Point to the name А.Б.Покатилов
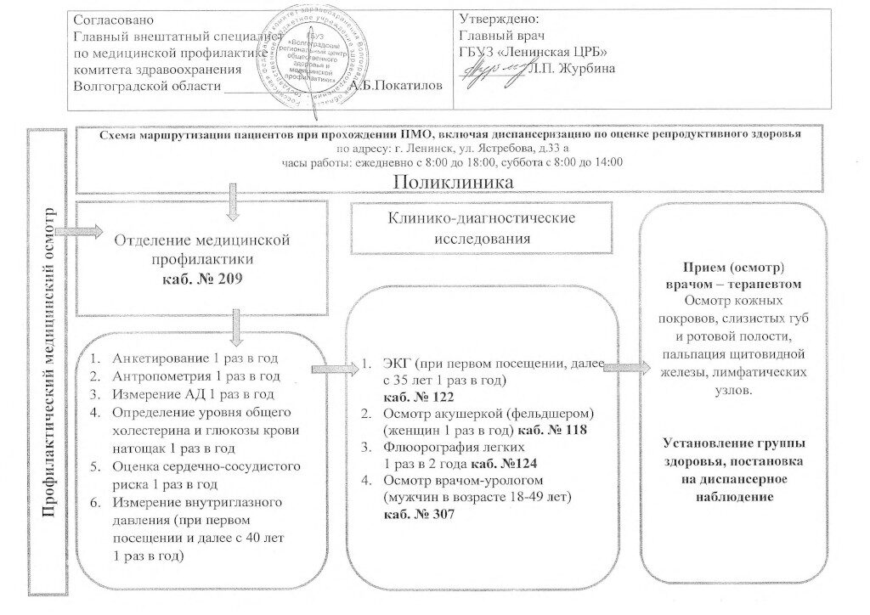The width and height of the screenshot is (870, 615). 396,86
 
